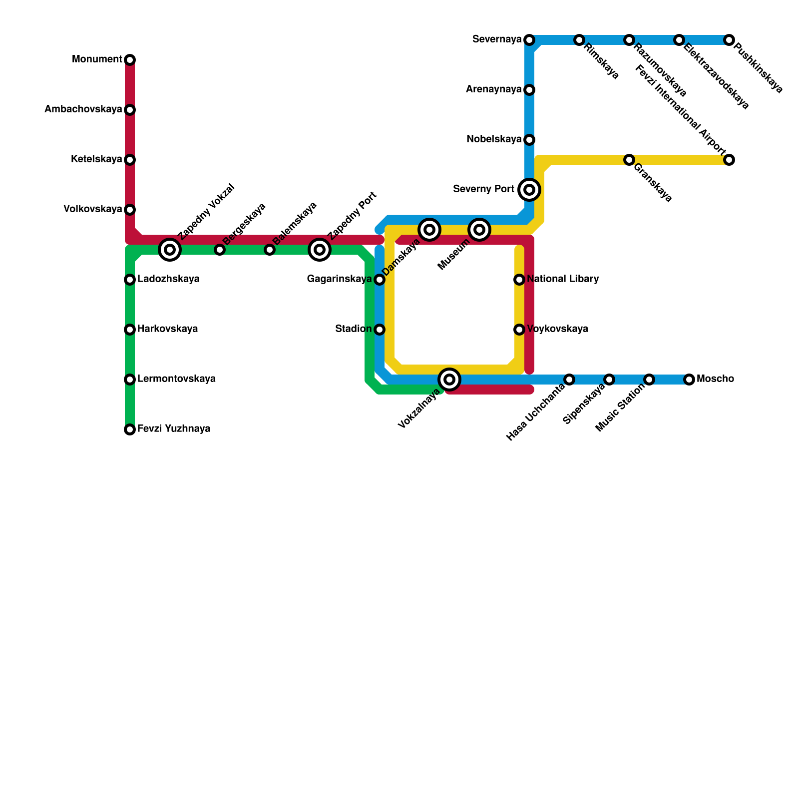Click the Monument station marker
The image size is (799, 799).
click(x=130, y=60)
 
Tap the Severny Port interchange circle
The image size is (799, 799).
click(x=529, y=190)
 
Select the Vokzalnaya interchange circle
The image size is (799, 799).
click(x=449, y=380)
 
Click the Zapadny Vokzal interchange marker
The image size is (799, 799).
click(x=170, y=250)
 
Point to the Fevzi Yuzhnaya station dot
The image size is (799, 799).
click(x=130, y=429)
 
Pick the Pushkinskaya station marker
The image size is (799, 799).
click(x=729, y=40)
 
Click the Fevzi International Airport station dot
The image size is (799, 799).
click(x=729, y=160)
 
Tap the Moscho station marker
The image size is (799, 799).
click(x=689, y=380)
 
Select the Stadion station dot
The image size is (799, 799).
click(x=380, y=330)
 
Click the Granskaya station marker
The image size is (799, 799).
click(x=629, y=160)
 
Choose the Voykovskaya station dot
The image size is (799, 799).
click(x=519, y=330)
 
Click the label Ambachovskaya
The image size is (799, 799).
click(x=83, y=109)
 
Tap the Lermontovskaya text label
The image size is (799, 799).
click(x=176, y=379)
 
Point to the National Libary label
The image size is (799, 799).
click(x=563, y=279)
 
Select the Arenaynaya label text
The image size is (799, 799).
click(x=493, y=89)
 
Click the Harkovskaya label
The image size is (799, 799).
click(x=167, y=329)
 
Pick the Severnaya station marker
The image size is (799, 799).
click(x=529, y=40)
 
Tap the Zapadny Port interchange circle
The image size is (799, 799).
click(x=320, y=250)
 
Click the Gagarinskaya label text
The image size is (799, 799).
click(x=339, y=279)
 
